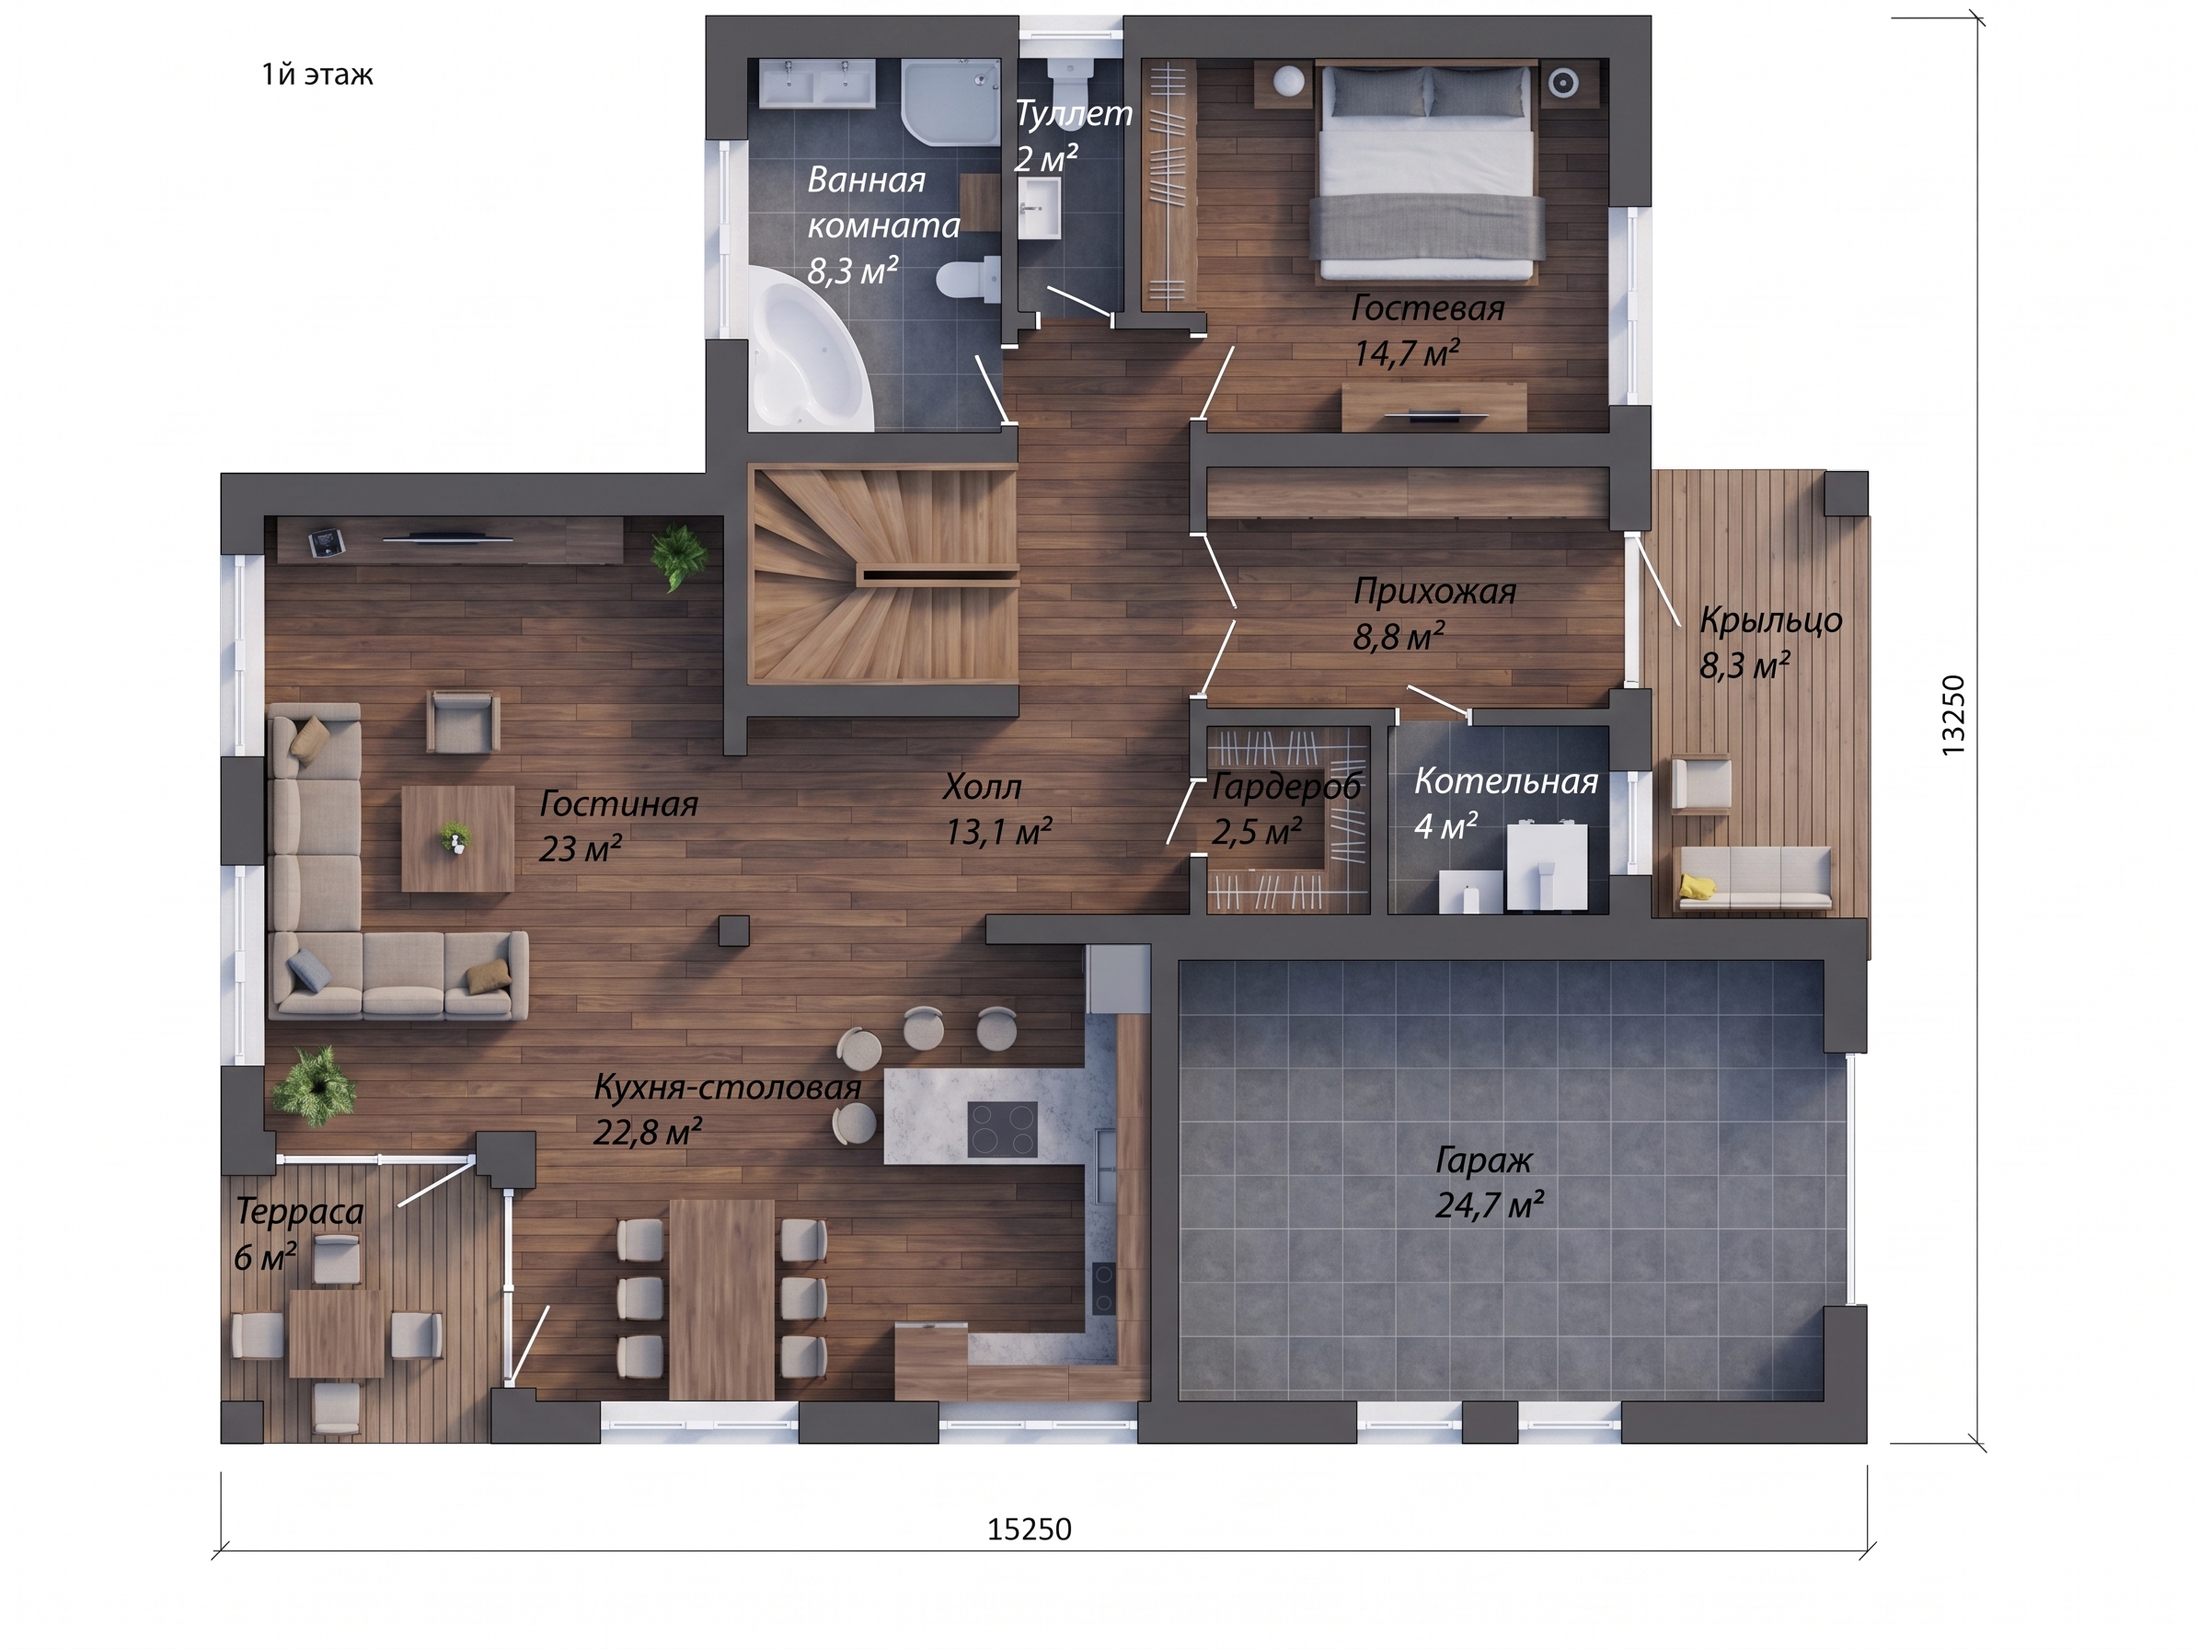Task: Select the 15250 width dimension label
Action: (1030, 1529)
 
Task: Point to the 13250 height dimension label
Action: (1953, 716)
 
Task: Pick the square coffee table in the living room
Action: (457, 838)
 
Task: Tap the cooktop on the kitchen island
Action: (1002, 1129)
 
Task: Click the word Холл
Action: (983, 787)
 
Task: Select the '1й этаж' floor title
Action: (317, 75)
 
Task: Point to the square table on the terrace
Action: (337, 1334)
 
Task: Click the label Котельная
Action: (1506, 781)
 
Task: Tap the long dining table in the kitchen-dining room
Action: (721, 1298)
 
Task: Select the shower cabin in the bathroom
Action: (950, 102)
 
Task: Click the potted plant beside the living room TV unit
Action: (680, 558)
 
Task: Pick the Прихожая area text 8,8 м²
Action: (1398, 636)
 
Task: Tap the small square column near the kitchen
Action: (734, 930)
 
